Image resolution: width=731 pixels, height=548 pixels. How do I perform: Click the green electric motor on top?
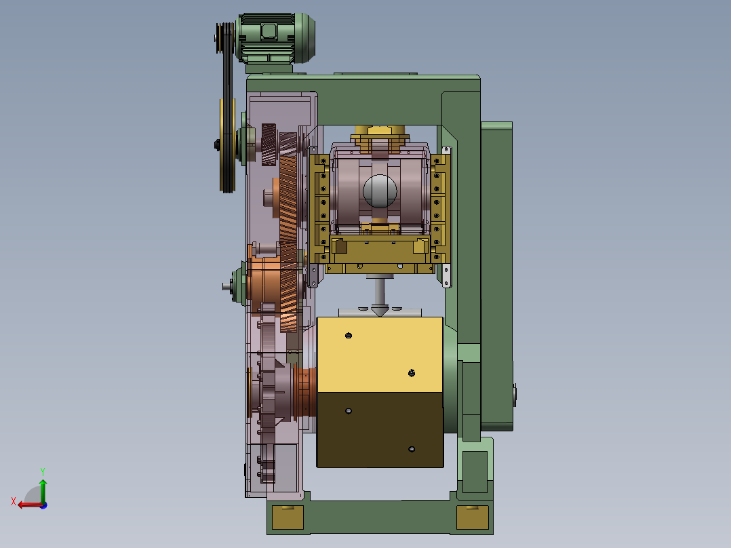pos(276,38)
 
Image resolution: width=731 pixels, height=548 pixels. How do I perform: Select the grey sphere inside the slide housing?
pos(380,191)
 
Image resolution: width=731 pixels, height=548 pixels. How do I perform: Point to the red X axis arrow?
pos(30,505)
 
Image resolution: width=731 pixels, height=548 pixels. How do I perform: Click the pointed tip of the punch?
pos(380,315)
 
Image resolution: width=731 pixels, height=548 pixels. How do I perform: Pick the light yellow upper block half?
pos(380,355)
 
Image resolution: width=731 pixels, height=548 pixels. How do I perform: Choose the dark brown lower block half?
pos(380,429)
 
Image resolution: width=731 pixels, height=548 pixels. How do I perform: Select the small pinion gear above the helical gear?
pos(269,144)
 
